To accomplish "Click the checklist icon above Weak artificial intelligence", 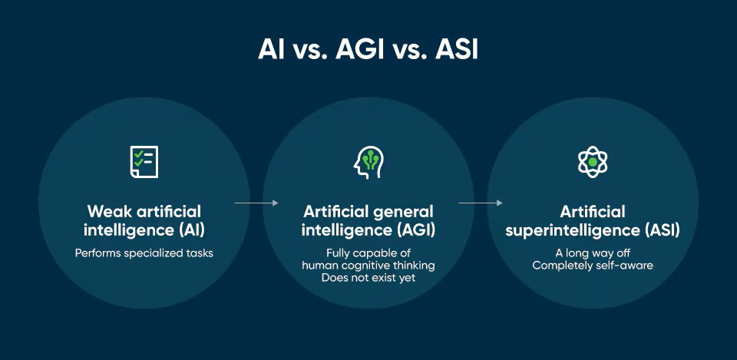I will (x=144, y=161).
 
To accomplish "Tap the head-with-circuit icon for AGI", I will (x=368, y=161).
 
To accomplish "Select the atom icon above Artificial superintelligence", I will (x=593, y=161).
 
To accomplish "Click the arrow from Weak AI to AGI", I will (x=256, y=203).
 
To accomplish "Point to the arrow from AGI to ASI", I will (x=481, y=203).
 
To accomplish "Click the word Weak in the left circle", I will (x=107, y=211).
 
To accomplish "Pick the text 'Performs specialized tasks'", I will (x=144, y=253).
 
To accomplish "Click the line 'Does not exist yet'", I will (x=368, y=278).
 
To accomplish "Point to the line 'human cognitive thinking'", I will (x=368, y=266).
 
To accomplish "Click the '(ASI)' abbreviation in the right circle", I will (x=659, y=230).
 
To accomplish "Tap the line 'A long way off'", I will (x=593, y=253).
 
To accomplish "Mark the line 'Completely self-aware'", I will (x=593, y=266).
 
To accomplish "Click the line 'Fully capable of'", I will (x=368, y=253).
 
